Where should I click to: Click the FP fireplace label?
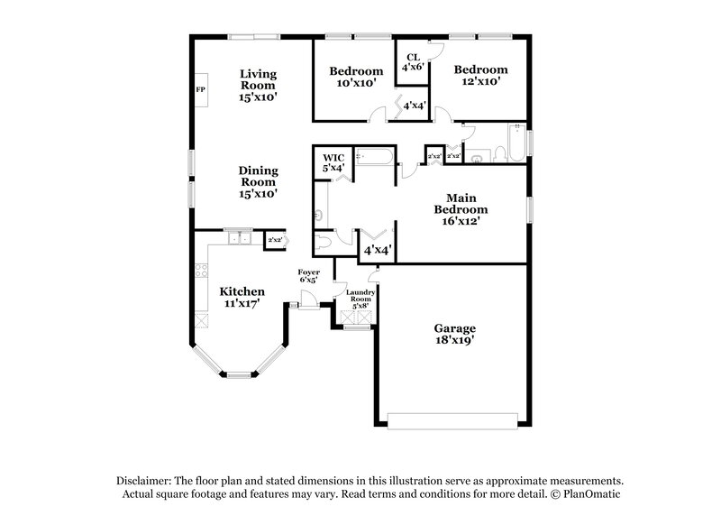[x=200, y=90]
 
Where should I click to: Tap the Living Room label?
[x=258, y=85]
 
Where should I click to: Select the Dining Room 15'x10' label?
[x=258, y=181]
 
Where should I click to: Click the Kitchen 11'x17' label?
[x=242, y=298]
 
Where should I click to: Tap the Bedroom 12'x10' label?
[x=479, y=76]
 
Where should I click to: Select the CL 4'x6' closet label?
[x=413, y=60]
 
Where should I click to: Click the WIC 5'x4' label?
[x=333, y=162]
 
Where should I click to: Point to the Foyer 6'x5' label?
[x=308, y=276]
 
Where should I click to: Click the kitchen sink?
[x=240, y=239]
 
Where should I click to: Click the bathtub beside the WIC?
[x=372, y=158]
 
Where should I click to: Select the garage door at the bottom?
[x=452, y=419]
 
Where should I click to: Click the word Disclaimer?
[x=145, y=481]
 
